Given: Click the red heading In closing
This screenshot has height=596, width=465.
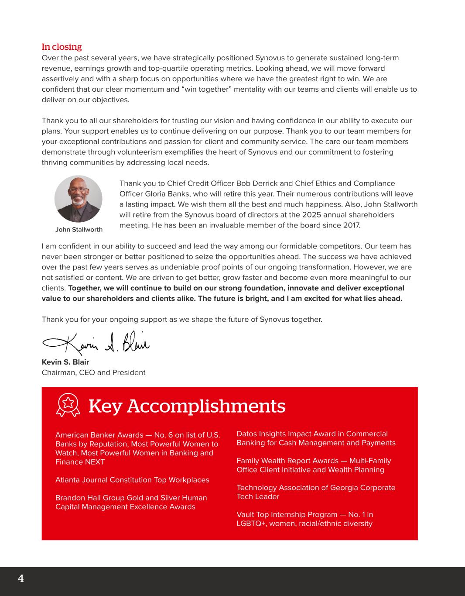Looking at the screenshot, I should coord(62,47).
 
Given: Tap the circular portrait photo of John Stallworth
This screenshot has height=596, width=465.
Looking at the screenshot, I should coord(79,199).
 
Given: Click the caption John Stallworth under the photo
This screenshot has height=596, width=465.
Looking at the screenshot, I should coord(79,230).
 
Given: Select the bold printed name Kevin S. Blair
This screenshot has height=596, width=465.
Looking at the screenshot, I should coord(65,362).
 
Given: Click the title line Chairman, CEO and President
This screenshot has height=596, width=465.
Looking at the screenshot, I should coord(93,372).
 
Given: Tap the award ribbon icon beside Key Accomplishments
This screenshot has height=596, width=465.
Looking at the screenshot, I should coord(68,405).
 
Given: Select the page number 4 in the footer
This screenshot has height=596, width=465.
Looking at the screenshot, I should coord(21,579).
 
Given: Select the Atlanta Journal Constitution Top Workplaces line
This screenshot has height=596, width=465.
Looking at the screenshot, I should coord(132,480).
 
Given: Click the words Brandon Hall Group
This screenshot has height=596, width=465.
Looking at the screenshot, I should coord(90,498).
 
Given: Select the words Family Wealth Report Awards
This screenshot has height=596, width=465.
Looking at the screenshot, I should coord(287,461).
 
